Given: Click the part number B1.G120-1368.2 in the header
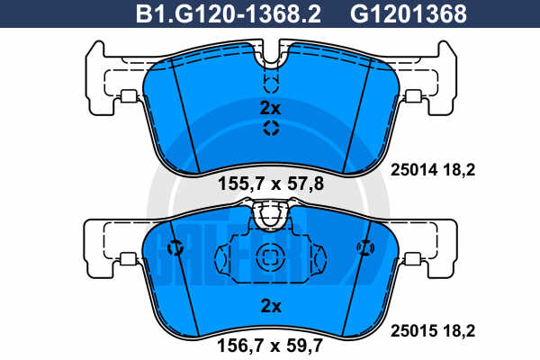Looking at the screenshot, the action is tap(229, 13).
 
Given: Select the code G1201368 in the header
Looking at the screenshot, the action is tap(409, 13).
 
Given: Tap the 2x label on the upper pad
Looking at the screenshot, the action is tap(270, 108).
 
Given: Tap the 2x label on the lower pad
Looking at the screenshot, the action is tap(271, 306).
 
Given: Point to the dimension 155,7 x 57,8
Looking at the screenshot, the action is tap(271, 184).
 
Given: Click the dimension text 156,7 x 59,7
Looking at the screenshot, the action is tap(270, 346).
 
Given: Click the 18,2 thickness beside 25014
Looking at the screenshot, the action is tap(459, 170).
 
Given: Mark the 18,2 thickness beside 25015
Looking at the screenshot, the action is tap(459, 331).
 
